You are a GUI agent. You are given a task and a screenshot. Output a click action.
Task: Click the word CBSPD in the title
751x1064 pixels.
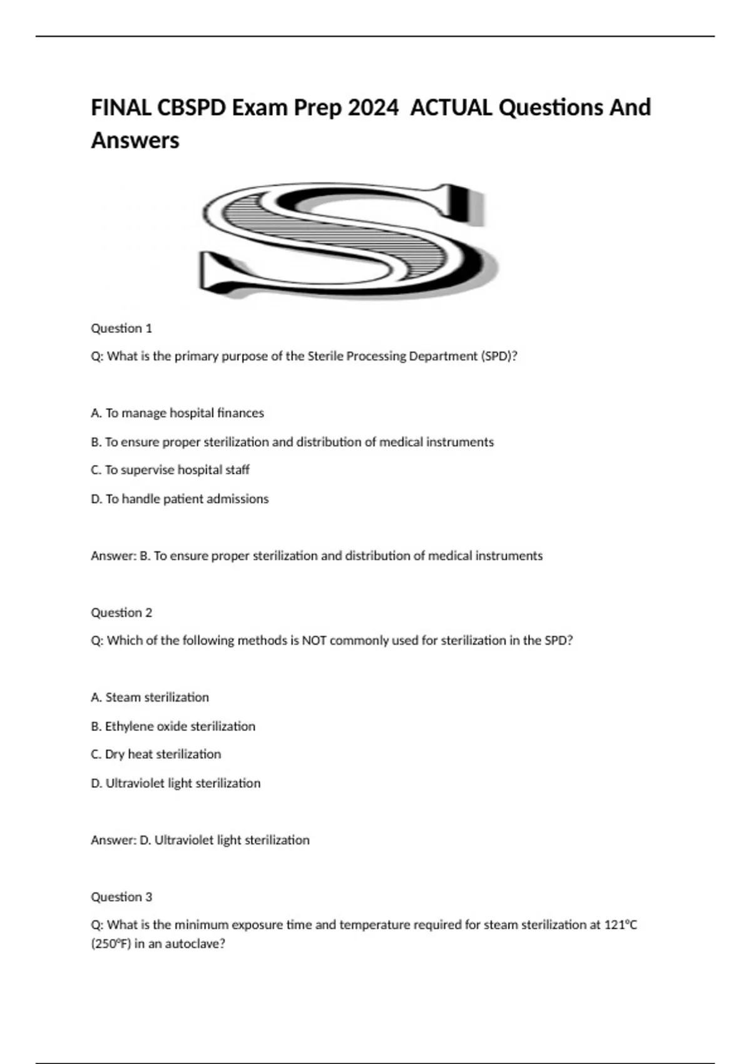pos(191,108)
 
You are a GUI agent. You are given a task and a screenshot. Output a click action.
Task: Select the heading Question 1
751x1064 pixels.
pos(121,328)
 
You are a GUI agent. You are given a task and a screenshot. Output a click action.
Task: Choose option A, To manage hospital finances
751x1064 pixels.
pos(177,413)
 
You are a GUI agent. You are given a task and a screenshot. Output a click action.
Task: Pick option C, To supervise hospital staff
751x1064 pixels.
pos(170,470)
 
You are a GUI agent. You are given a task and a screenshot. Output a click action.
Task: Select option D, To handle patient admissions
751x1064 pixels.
pos(180,499)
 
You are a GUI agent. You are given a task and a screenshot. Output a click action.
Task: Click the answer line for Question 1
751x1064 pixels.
pos(317,556)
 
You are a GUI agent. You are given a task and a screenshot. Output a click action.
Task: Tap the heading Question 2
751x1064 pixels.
pos(121,612)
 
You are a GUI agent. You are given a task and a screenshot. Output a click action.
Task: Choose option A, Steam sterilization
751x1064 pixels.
pos(150,697)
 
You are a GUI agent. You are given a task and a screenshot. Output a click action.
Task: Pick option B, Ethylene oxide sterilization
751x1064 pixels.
pos(173,726)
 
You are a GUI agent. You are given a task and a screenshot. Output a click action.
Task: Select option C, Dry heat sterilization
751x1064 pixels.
pos(156,754)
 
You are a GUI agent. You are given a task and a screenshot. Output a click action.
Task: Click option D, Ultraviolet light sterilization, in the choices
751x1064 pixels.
pos(176,783)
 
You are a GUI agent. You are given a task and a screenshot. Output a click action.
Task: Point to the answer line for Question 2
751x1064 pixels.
pos(200,840)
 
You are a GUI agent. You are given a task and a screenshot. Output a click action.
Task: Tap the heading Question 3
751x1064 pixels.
pos(121,897)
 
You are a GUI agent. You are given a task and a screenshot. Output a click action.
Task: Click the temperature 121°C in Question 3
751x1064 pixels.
pos(621,924)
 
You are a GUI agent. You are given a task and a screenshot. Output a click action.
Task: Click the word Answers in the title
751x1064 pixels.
pos(135,140)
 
